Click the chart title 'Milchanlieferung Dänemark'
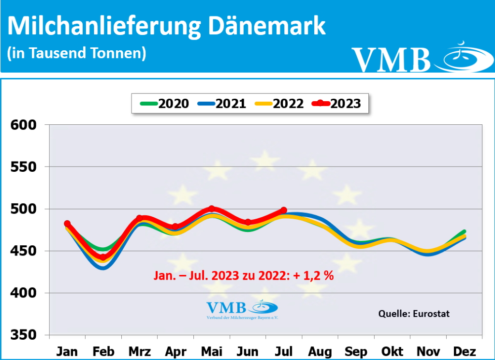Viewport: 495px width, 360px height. pyautogui.click(x=167, y=26)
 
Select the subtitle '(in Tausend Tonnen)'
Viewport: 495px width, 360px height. pyautogui.click(x=76, y=53)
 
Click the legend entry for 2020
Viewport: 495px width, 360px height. pyautogui.click(x=164, y=103)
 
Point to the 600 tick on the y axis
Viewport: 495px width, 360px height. pyautogui.click(x=24, y=125)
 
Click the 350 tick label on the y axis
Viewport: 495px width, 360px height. pyautogui.click(x=24, y=335)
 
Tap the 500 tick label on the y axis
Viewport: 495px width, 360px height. pyautogui.click(x=24, y=209)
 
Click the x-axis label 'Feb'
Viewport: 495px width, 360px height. pyautogui.click(x=103, y=351)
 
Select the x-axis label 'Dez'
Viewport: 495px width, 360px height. pyautogui.click(x=465, y=351)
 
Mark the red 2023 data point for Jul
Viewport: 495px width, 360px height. pyautogui.click(x=284, y=210)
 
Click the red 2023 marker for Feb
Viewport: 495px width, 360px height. pyautogui.click(x=103, y=257)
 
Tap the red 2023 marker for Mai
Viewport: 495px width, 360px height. pyautogui.click(x=211, y=209)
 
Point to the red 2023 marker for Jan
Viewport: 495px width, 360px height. pyautogui.click(x=67, y=224)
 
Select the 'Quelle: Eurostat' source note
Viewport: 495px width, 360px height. pyautogui.click(x=413, y=314)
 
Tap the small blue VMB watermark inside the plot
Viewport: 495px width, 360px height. pyautogui.click(x=242, y=310)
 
